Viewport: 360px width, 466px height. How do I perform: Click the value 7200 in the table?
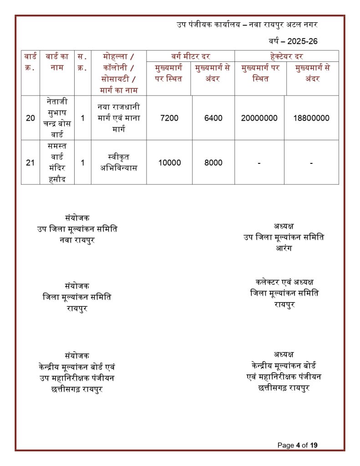click(x=169, y=118)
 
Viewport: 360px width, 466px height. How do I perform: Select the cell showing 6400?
click(x=213, y=118)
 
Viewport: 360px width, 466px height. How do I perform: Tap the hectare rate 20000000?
click(x=259, y=118)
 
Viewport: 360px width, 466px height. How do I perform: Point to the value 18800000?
click(x=311, y=118)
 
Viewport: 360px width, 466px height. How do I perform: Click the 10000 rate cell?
click(x=169, y=162)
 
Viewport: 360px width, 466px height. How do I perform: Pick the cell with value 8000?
click(x=213, y=162)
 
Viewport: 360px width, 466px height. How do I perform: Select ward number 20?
click(x=30, y=118)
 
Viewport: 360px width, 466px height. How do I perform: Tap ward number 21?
click(x=30, y=162)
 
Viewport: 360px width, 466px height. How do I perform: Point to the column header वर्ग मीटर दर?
click(x=190, y=56)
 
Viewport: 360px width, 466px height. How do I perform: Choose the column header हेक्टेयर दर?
click(x=286, y=56)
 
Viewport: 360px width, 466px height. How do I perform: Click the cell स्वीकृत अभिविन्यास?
click(x=118, y=162)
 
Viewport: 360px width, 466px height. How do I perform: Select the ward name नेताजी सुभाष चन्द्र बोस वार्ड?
click(x=57, y=118)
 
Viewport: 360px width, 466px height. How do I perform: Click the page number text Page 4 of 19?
click(x=297, y=445)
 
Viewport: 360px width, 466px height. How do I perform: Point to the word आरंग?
click(x=284, y=248)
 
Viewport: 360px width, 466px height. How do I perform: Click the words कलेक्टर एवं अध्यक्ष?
click(x=284, y=282)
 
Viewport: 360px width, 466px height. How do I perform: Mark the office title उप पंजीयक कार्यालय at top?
click(x=208, y=24)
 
